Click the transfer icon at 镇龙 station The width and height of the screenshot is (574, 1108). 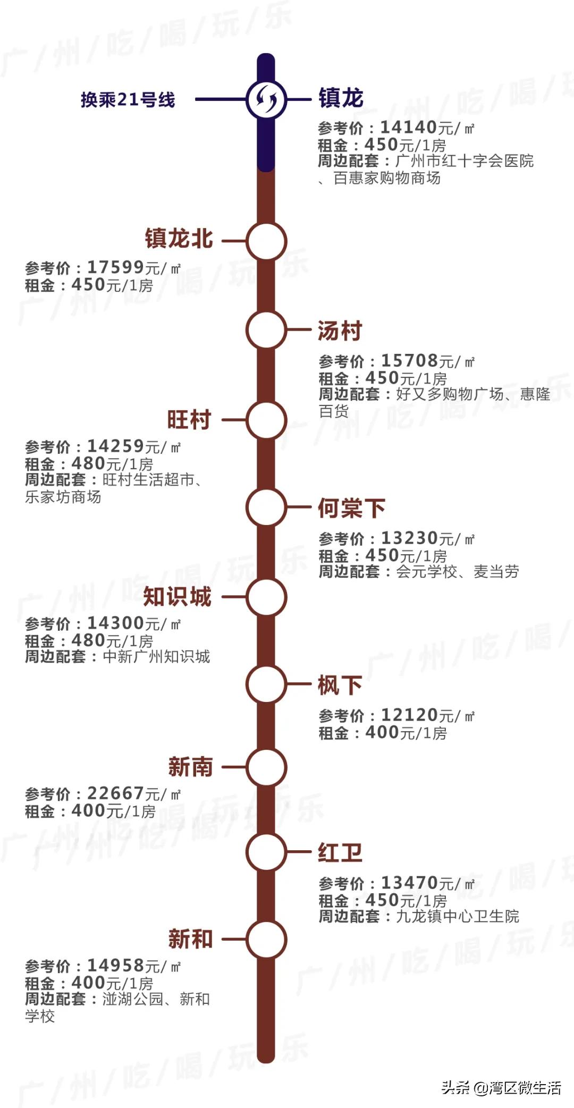[x=266, y=99]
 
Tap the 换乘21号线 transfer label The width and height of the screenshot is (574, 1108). [x=128, y=99]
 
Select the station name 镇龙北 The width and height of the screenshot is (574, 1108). [x=179, y=239]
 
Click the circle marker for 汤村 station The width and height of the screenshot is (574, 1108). [x=266, y=330]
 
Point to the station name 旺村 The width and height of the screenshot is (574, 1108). [x=189, y=420]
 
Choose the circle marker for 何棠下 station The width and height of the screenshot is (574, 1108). [x=266, y=508]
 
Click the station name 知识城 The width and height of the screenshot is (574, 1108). [x=178, y=597]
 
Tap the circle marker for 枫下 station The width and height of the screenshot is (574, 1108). [x=266, y=684]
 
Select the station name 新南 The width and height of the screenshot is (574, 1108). [x=190, y=767]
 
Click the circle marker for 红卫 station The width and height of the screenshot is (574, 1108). [x=266, y=851]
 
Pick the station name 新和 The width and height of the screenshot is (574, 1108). [x=190, y=939]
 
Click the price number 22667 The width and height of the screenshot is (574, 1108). [x=115, y=793]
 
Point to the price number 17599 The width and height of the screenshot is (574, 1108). [x=115, y=267]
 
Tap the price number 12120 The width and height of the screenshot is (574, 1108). [x=409, y=715]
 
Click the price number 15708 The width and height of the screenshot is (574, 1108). [x=409, y=360]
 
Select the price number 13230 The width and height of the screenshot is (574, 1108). [x=409, y=538]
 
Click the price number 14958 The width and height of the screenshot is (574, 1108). [x=115, y=965]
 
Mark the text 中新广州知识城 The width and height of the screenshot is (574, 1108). [x=156, y=657]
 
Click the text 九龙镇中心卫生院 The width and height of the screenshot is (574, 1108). [x=458, y=917]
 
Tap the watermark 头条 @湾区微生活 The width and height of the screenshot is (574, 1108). [x=501, y=1087]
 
